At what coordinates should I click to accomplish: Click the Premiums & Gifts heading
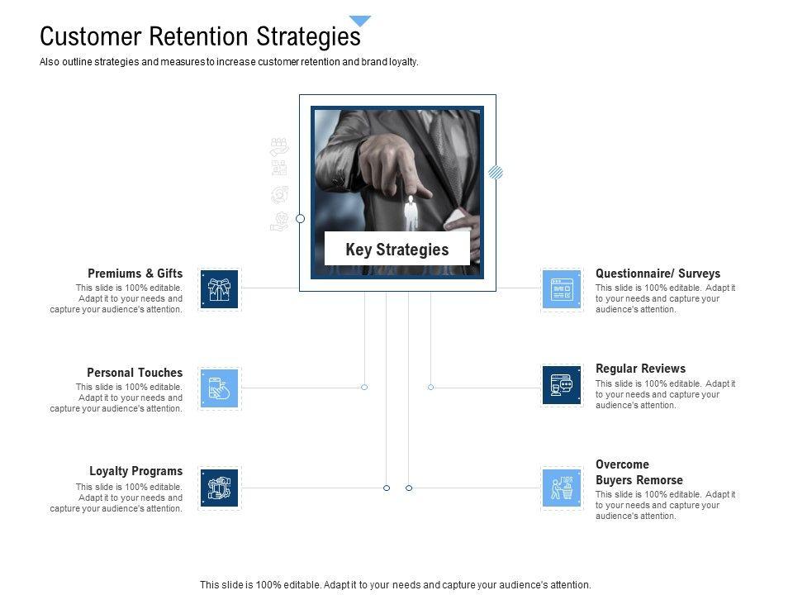point(135,274)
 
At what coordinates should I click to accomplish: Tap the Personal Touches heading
point(135,373)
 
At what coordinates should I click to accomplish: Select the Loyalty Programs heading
point(136,472)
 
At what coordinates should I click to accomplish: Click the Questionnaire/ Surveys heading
point(658,274)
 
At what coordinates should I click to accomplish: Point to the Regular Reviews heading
point(640,369)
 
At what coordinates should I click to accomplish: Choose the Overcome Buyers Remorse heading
point(639,472)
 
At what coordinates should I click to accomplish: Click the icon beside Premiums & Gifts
point(219,290)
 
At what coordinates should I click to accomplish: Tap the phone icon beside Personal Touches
point(219,388)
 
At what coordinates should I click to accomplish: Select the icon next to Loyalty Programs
point(219,488)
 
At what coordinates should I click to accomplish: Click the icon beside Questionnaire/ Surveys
point(562,290)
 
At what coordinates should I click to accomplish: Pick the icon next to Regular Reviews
point(562,385)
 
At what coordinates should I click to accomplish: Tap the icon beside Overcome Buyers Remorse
point(562,488)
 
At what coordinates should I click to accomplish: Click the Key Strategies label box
point(396,249)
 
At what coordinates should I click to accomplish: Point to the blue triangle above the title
point(360,21)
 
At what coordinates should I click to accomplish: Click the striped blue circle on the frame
point(496,172)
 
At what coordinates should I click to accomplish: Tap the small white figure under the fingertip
point(411,212)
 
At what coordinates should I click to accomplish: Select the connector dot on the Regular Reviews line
point(430,387)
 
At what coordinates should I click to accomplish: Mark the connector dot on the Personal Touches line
point(364,387)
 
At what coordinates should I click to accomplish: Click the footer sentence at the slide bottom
point(396,584)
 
